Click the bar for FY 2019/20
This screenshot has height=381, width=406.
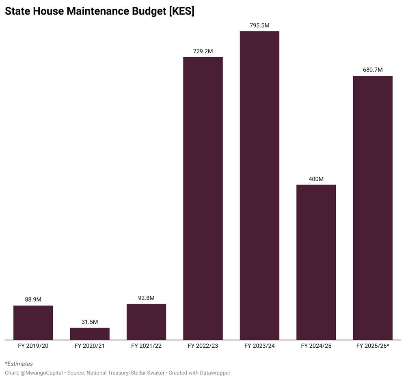coord(33,323)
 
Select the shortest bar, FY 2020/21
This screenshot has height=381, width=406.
coord(90,334)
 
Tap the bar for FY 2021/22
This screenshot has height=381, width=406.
coord(146,322)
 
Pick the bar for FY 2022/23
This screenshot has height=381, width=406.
coord(203,198)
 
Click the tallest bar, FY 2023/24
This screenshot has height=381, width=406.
coord(259,185)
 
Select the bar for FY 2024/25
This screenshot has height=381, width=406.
coord(316,262)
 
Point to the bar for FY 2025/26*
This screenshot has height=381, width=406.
coord(373,208)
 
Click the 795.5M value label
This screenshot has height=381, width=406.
coord(259,25)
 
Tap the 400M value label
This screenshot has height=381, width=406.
coord(316,179)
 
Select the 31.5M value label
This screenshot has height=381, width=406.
coord(90,322)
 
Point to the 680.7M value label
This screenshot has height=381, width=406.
coord(373,70)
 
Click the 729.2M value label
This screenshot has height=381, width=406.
coord(203,51)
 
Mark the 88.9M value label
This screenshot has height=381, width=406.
coord(33,299)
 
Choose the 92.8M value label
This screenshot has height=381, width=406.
coord(146,298)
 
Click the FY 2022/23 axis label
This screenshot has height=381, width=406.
coord(203,346)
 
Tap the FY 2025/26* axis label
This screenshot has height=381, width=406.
coord(373,346)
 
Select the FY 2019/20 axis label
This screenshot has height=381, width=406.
coord(33,346)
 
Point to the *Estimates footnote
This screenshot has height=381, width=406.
coord(19,364)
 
